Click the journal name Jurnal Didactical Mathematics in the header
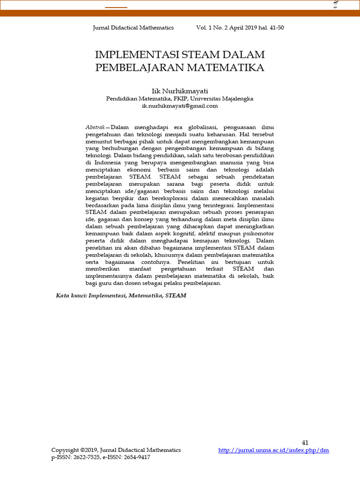134,28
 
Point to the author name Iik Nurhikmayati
180,91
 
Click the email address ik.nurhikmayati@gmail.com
180,106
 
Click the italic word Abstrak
95,127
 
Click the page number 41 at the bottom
305,442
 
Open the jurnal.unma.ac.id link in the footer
274,450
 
